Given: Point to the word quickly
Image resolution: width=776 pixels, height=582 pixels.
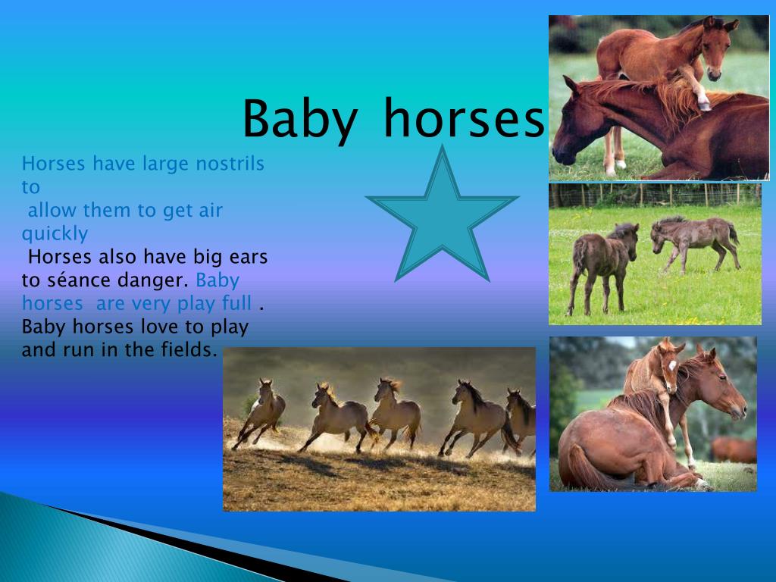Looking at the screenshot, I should pyautogui.click(x=55, y=233).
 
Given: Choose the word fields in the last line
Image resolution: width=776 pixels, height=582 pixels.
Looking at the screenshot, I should pyautogui.click(x=189, y=350).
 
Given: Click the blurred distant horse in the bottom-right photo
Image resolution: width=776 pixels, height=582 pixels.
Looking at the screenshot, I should pyautogui.click(x=734, y=449).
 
